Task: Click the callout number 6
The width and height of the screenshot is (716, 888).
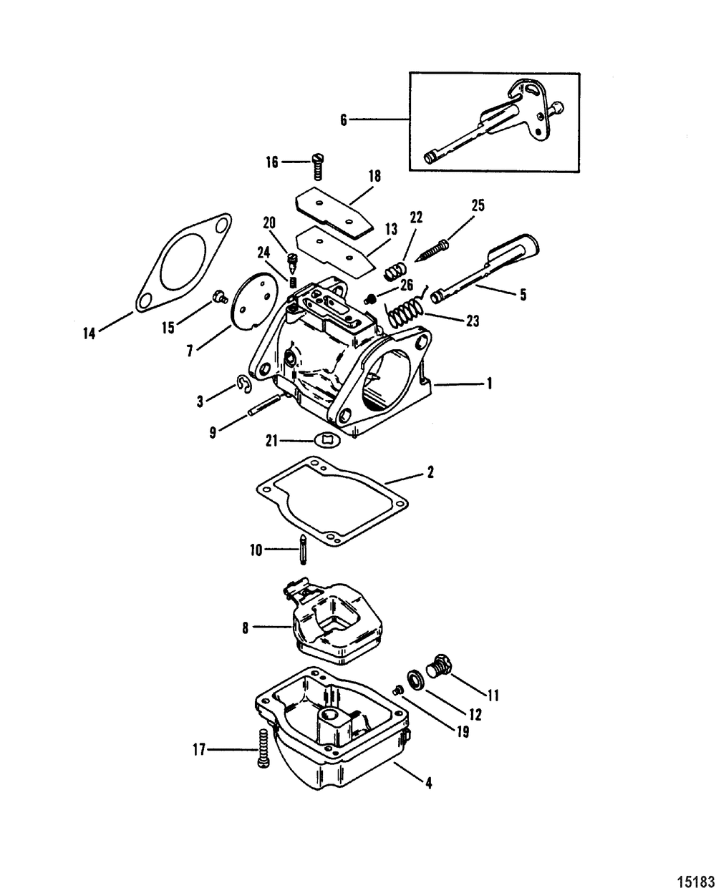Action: click(x=344, y=120)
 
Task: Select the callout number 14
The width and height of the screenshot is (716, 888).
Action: click(x=89, y=333)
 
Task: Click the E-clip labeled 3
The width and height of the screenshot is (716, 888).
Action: click(x=245, y=386)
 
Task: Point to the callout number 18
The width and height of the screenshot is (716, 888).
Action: click(x=374, y=175)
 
